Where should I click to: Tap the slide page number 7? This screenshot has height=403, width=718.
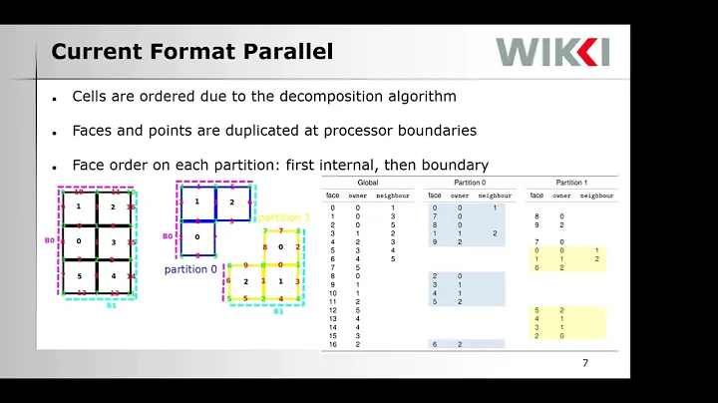coord(585,363)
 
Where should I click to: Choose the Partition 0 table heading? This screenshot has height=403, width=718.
coord(465,184)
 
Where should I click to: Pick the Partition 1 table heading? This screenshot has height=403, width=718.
coord(569,184)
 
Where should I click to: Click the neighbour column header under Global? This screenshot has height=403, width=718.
coord(392,196)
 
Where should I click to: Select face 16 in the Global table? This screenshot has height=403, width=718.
coord(332,343)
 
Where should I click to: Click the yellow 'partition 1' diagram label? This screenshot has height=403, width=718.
coord(286,217)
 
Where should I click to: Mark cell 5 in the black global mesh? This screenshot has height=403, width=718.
coord(79,275)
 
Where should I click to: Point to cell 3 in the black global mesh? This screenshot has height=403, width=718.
coord(113,241)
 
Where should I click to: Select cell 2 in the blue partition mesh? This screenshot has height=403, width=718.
coord(231,201)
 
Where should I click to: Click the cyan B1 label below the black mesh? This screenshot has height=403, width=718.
coord(113,307)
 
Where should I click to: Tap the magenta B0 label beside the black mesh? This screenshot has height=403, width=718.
coord(48,240)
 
